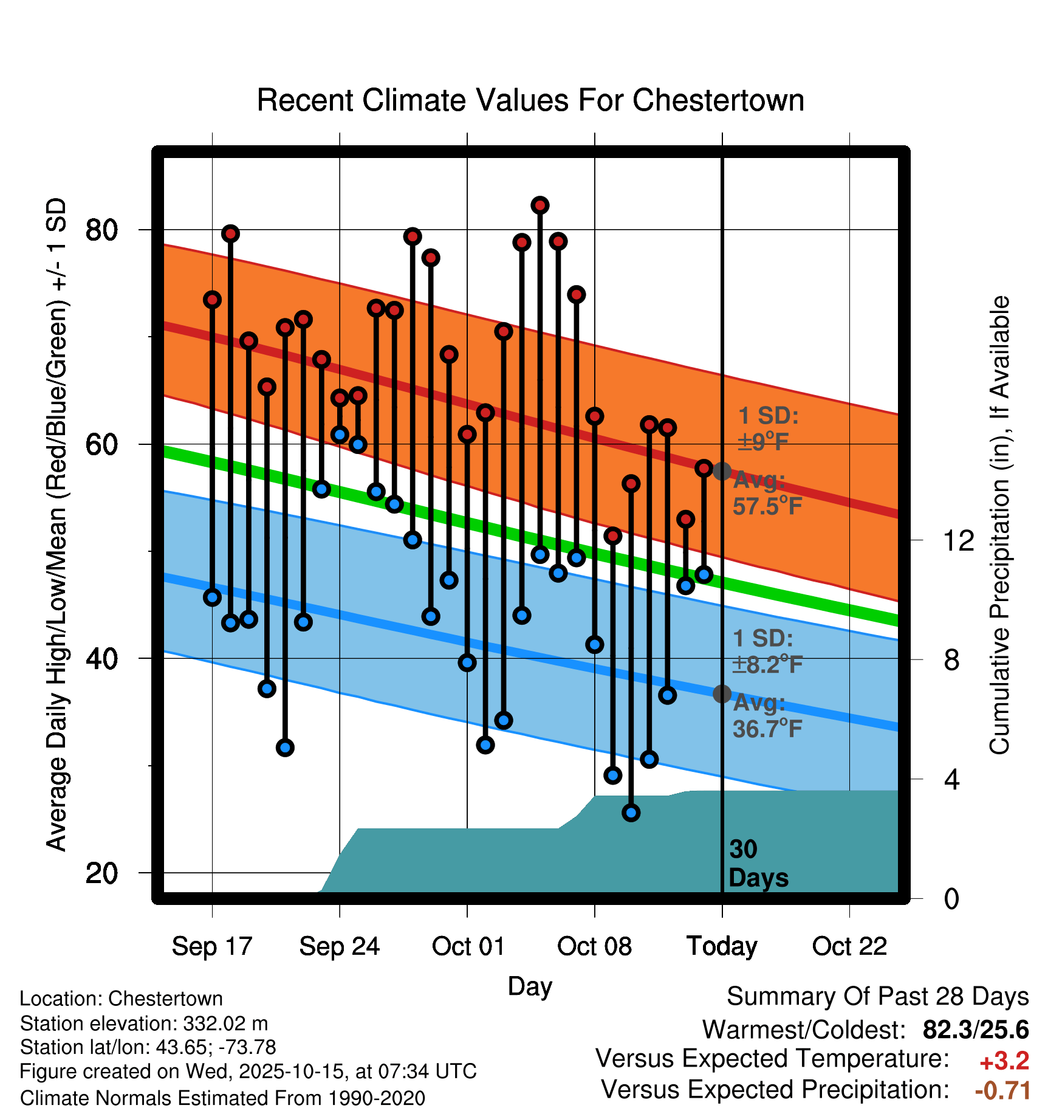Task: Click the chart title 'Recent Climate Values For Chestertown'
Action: coord(530,100)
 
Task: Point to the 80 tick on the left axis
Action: coord(101,230)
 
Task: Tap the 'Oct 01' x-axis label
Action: coord(468,946)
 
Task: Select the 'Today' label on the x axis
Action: coord(722,946)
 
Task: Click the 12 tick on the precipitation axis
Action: coord(959,540)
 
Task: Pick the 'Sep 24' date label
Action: coord(339,946)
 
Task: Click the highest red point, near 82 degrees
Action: coord(540,205)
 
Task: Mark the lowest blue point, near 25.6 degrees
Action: coord(631,813)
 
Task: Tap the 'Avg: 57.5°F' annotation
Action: coord(767,493)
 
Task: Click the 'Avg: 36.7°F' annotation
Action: coord(767,715)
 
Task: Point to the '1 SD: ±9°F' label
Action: coord(767,428)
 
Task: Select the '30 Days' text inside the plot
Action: coord(758,864)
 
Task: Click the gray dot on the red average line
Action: coord(722,471)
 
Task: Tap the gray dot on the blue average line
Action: coord(722,693)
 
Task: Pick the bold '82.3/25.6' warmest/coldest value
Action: coord(975,1030)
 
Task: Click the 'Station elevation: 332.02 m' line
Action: coord(144,1023)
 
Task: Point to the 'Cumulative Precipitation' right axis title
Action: coord(999,525)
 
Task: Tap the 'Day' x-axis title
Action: coord(530,986)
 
